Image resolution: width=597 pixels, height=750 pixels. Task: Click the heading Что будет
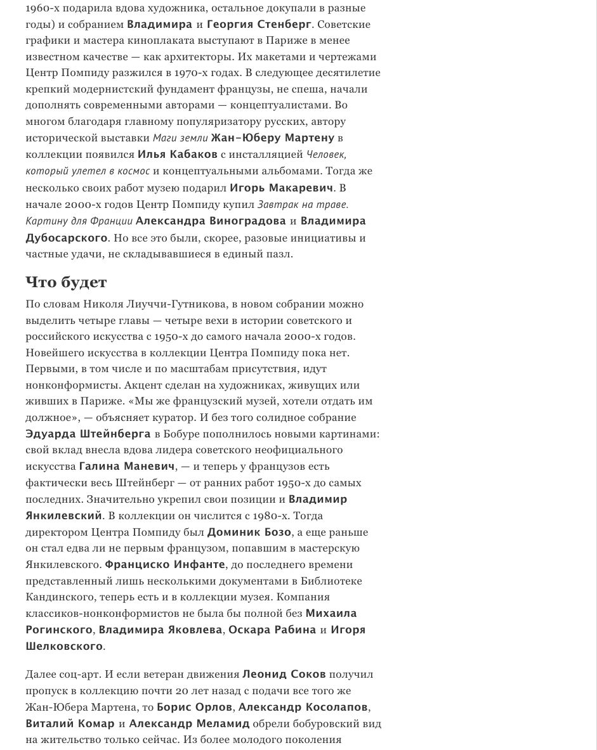(x=66, y=282)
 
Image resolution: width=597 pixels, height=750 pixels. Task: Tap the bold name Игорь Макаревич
(x=281, y=188)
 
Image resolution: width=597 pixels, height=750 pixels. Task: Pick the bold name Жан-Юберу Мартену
(x=272, y=138)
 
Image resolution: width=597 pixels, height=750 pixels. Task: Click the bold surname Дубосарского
(x=66, y=238)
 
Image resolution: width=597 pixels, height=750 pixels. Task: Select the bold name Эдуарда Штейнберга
(x=88, y=434)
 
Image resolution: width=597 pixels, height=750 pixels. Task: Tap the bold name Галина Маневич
(x=126, y=466)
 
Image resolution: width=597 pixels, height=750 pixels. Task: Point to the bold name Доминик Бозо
(x=249, y=532)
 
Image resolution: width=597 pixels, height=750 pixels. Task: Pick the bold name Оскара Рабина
(x=272, y=630)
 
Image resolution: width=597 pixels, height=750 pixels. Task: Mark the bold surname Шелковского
(x=64, y=646)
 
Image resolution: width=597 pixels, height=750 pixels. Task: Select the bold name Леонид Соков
(x=284, y=674)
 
